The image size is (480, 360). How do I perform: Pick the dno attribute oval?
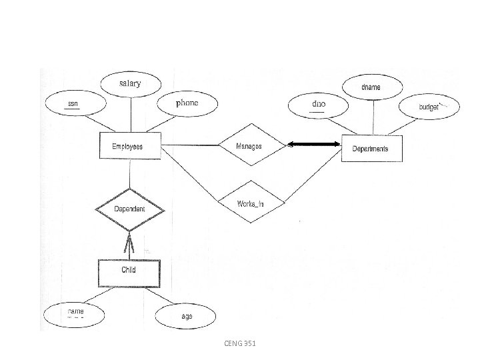pyautogui.click(x=319, y=105)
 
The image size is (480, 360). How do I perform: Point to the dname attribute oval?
pyautogui.click(x=371, y=87)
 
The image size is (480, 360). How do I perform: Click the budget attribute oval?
pyautogui.click(x=429, y=106)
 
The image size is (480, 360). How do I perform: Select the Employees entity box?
pyautogui.click(x=130, y=146)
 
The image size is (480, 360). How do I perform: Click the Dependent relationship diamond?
pyautogui.click(x=130, y=209)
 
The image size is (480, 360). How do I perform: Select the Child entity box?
pyautogui.click(x=129, y=270)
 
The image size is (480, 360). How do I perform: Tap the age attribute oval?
pyautogui.click(x=186, y=316)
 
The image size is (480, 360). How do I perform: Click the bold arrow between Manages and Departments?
pyautogui.click(x=314, y=145)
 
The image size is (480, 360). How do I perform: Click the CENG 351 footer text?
pyautogui.click(x=239, y=343)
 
